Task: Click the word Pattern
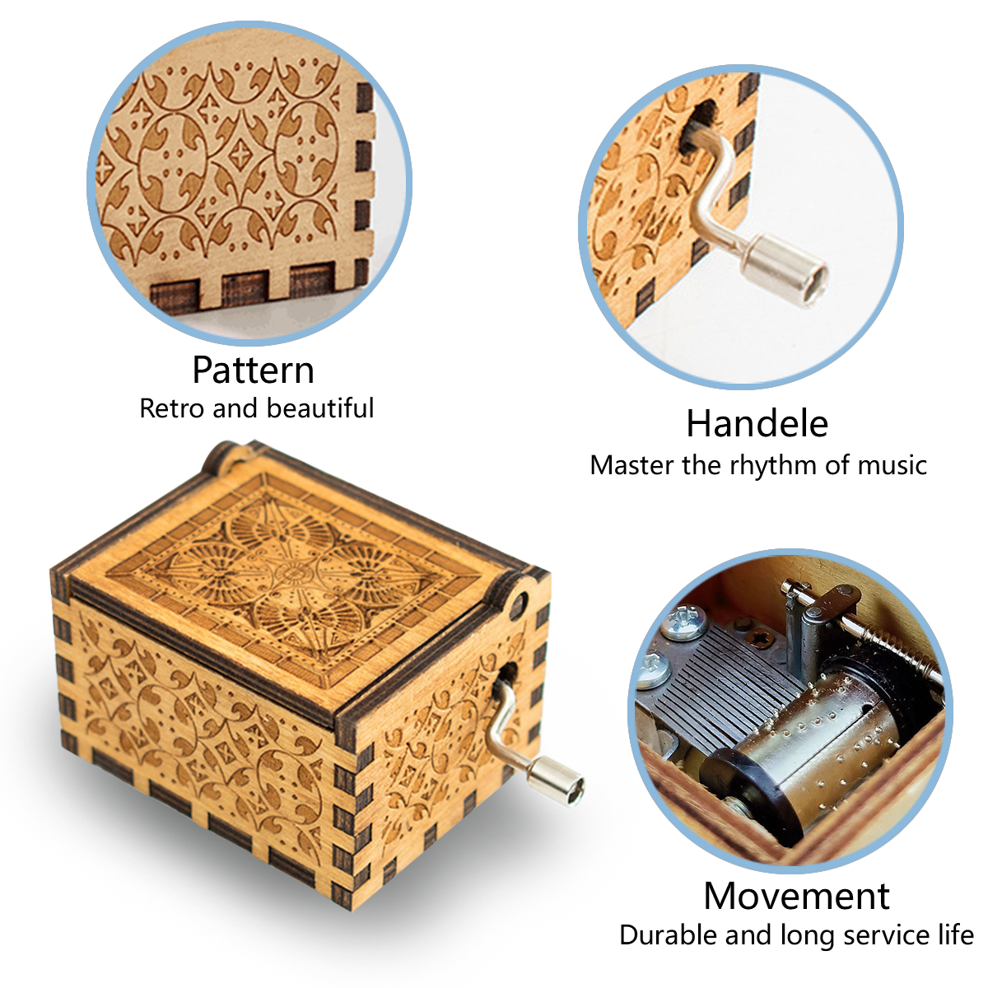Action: tap(253, 370)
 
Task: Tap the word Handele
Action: tap(757, 423)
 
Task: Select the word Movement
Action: tap(796, 896)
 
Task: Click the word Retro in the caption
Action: tap(172, 408)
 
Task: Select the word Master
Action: tap(632, 465)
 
